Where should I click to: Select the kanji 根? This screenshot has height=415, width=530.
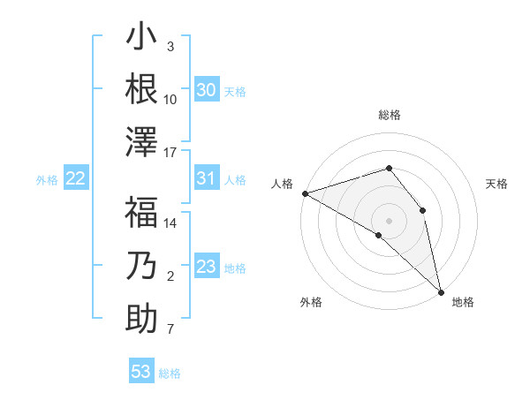point(141,89)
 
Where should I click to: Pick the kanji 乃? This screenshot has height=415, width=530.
point(141,267)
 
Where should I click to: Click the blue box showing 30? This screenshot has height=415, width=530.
point(206,90)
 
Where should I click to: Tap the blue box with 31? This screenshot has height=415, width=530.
point(206,178)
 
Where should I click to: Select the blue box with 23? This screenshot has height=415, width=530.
point(206,267)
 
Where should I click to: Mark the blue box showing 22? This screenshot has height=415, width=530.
point(76,178)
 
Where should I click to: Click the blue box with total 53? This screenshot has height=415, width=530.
point(141,372)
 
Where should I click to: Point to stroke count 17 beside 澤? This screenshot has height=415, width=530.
point(170,153)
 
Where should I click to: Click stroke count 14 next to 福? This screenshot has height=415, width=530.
point(170,223)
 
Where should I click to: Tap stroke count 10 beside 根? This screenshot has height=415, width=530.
point(170,99)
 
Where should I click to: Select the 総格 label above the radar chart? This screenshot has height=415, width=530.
point(390,115)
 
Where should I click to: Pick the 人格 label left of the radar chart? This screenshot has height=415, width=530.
point(282,184)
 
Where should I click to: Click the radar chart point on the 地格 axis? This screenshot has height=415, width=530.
point(441,290)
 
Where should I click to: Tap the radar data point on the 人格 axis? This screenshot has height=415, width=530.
point(305,192)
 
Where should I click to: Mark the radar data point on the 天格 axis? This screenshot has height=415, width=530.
point(422,210)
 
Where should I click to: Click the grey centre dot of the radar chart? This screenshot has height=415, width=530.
point(389,220)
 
